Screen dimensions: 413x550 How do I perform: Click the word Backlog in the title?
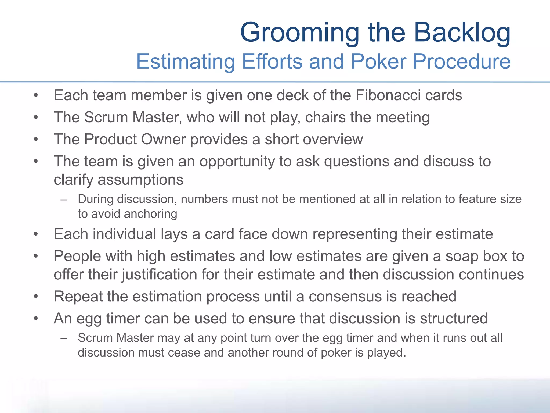coord(462,32)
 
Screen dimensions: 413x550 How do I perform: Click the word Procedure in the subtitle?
coord(461,61)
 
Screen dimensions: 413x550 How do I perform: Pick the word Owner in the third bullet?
coord(163,139)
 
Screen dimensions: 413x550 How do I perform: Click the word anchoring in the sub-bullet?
coord(150,214)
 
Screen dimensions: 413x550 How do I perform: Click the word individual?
coord(124,234)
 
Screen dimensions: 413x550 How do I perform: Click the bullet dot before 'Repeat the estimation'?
coord(36,297)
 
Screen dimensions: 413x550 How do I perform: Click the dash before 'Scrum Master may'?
coord(64,338)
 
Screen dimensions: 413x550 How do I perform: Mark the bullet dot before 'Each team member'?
coord(36,95)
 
